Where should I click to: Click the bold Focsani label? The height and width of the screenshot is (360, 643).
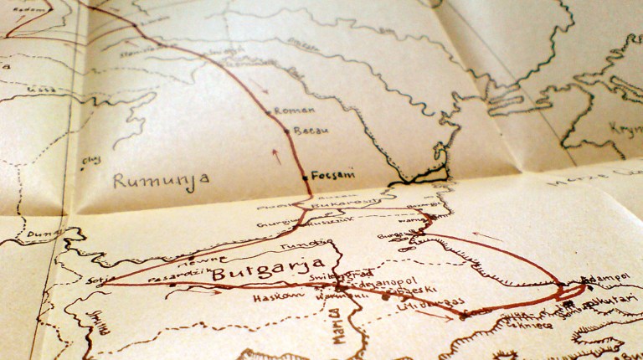(332, 174)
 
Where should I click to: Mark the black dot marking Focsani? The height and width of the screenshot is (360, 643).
(306, 177)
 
